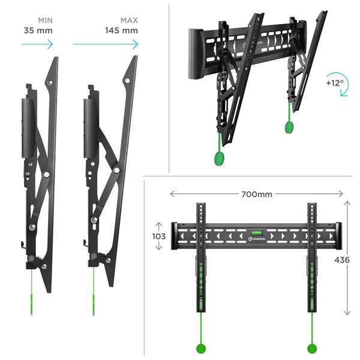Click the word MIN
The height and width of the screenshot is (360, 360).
pos(45,20)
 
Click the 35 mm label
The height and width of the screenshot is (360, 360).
pos(38,31)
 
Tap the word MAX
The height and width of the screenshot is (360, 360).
pos(129,20)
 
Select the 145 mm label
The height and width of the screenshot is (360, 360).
pos(121,31)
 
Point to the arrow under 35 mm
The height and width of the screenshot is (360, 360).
pos(37,44)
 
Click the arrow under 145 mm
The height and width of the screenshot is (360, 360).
pos(106,44)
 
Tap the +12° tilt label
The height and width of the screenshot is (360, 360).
pos(335,83)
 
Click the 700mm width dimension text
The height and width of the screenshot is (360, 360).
pos(257,194)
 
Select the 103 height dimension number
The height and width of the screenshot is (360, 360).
pos(159,236)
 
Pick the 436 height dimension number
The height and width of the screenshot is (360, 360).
pos(342,260)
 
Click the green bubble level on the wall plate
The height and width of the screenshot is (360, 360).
pos(256,233)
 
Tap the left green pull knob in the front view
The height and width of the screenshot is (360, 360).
pos(201,349)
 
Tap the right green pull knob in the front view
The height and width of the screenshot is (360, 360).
pos(312,349)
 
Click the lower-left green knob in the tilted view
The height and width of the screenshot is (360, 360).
pos(219,158)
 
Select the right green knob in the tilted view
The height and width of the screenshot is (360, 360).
pos(289,127)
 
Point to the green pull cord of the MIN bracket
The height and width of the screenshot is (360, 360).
pos(31,292)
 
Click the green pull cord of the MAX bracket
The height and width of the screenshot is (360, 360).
pos(94,291)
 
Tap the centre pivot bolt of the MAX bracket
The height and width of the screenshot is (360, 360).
pos(116,170)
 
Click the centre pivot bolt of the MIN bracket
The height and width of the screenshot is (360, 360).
pos(46,175)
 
